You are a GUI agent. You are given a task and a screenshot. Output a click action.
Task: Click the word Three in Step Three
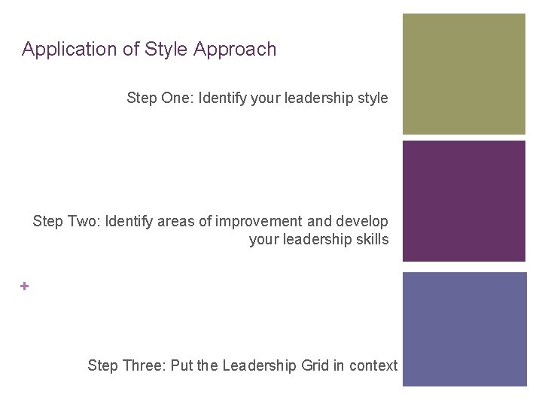pos(143,366)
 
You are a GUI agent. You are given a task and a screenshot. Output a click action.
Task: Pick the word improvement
pos(258,222)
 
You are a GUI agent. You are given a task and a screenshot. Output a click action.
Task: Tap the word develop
pos(361,222)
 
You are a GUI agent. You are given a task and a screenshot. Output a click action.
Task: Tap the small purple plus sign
pos(25,286)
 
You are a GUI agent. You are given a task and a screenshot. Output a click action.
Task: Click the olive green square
pos(464,74)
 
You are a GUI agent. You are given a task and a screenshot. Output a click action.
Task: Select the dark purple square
pos(464,201)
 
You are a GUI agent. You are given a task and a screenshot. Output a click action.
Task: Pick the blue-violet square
pos(464,329)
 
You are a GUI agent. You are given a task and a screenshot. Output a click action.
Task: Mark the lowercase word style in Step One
pos(373,98)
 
